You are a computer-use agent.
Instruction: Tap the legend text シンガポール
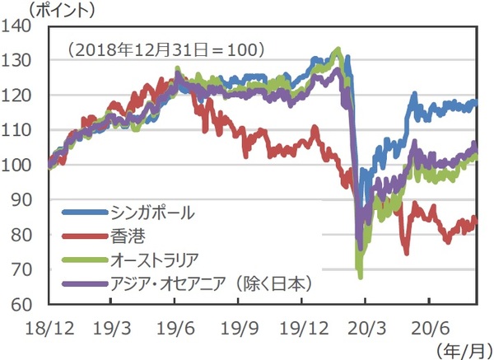click(151, 213)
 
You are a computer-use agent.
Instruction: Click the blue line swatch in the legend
click(82, 213)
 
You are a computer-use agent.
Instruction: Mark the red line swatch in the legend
click(82, 236)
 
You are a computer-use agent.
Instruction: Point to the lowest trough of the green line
click(360, 278)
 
